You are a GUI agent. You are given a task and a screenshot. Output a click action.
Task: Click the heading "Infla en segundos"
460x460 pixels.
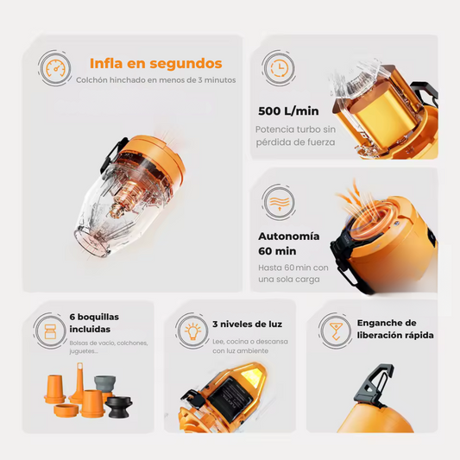click(x=155, y=63)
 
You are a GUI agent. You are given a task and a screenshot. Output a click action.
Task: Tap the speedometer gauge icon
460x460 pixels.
click(x=55, y=68)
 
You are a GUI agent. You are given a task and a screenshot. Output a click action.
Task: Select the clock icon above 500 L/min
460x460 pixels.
click(x=279, y=68)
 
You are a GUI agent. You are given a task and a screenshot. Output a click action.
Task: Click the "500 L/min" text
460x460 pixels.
click(x=288, y=111)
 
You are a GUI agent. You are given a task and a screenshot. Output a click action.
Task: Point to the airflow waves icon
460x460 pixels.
click(x=279, y=203)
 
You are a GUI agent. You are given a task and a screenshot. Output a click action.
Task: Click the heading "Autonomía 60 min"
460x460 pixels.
click(x=288, y=243)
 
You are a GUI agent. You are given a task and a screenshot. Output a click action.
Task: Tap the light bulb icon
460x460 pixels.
click(x=192, y=331)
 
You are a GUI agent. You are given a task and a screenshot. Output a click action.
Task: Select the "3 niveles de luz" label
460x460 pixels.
click(x=248, y=325)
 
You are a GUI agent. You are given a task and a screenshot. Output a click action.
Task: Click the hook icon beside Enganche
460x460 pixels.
click(x=335, y=331)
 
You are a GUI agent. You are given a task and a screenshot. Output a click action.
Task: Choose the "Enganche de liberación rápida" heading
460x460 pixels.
click(x=395, y=329)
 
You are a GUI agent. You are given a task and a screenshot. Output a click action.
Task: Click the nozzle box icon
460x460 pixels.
click(x=50, y=331)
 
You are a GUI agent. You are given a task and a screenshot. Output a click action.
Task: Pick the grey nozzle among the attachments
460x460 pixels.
click(x=104, y=383)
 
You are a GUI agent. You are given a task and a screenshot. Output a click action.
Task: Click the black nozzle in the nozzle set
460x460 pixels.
click(x=119, y=406)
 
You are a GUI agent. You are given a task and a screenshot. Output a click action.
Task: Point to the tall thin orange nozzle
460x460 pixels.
click(x=79, y=383)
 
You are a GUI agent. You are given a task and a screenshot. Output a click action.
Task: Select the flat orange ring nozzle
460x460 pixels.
click(x=66, y=410)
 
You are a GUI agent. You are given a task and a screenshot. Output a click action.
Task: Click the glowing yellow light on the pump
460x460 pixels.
click(x=252, y=376)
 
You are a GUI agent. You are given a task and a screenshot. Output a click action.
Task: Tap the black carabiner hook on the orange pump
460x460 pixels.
click(x=375, y=385)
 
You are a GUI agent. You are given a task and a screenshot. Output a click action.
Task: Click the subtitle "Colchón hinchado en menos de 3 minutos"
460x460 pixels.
click(x=155, y=80)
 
